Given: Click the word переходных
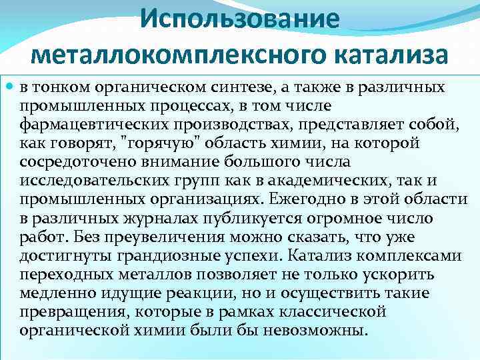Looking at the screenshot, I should tap(60, 274).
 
